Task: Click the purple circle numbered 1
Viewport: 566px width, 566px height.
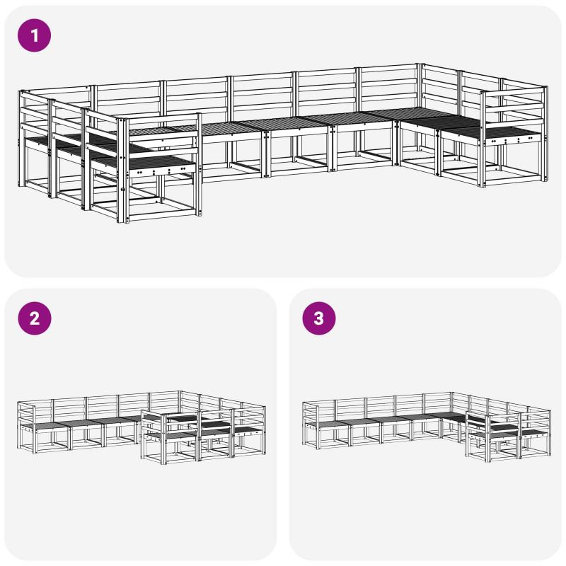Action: click(34, 35)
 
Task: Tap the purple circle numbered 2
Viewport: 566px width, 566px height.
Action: click(34, 318)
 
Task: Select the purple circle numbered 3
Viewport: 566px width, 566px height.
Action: click(319, 318)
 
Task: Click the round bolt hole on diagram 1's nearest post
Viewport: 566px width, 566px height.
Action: click(122, 189)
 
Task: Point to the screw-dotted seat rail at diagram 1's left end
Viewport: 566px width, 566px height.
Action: click(163, 170)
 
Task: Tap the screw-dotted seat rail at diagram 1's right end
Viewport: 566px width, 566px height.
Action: click(512, 139)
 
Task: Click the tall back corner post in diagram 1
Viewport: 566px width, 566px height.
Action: click(420, 108)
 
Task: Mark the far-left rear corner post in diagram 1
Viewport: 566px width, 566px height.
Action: click(21, 138)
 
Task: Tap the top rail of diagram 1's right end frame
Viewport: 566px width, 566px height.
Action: click(512, 93)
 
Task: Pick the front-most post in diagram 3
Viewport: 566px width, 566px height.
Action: click(487, 439)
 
